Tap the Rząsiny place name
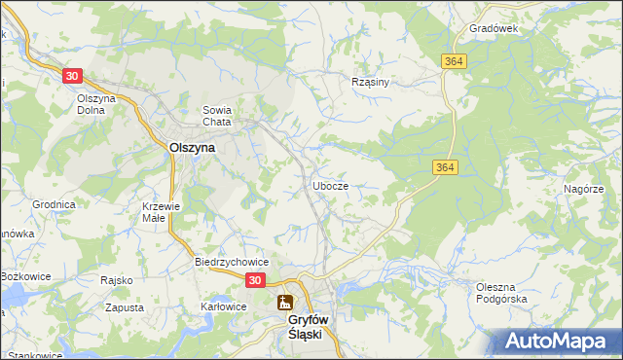coord(370,83)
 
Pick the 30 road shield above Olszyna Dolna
coord(72,75)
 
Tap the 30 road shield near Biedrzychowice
coord(254,280)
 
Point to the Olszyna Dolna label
coord(96,104)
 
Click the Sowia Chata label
coord(216,116)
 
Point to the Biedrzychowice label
coord(231,263)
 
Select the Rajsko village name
coord(116,280)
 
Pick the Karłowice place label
coord(223,306)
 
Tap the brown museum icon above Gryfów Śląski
coord(285,303)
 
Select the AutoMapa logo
coord(559,342)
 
